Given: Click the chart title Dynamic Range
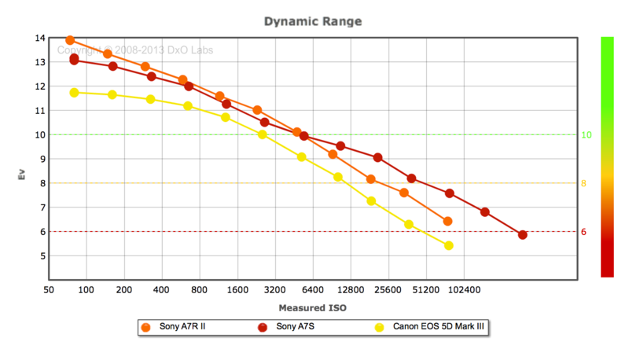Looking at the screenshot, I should [x=314, y=21].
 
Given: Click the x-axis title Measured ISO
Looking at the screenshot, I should [x=312, y=307].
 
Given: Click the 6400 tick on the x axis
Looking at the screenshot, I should [x=312, y=289].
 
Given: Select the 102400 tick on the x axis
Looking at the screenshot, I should [x=464, y=289].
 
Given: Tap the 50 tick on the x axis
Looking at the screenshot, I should [x=49, y=289].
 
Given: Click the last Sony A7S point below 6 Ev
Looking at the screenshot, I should [x=522, y=234].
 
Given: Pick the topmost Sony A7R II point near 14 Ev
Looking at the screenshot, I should [x=70, y=40].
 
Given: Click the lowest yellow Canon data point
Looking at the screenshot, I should [x=449, y=245].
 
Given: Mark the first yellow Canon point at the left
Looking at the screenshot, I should [x=75, y=93].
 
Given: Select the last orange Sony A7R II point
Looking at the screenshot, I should [x=447, y=221].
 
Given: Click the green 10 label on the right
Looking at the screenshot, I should [x=586, y=134].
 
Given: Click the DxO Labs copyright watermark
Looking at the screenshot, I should [x=134, y=50].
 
